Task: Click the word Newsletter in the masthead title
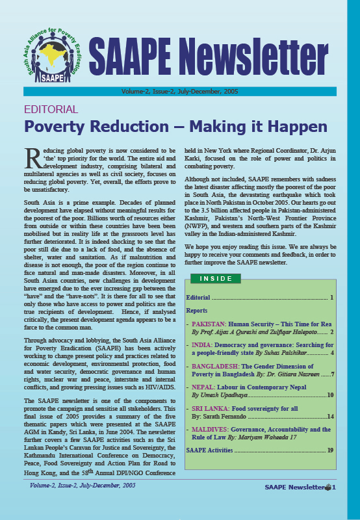[x=267, y=57]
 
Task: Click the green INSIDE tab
[x=215, y=278]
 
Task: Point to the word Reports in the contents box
[x=197, y=311]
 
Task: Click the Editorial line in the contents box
[x=198, y=298]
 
